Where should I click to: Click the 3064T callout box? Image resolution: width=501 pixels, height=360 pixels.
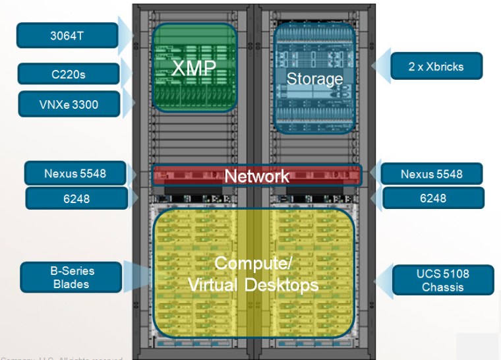click(67, 35)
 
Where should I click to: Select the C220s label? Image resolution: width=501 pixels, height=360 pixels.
click(68, 74)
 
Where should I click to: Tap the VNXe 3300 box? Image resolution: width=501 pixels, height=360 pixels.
click(69, 104)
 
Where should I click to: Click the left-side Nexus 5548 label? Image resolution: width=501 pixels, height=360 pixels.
click(74, 174)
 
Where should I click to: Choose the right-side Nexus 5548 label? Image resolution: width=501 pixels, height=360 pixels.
click(432, 174)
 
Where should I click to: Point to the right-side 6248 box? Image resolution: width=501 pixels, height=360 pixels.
click(432, 198)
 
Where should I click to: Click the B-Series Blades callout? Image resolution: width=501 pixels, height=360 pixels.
click(71, 277)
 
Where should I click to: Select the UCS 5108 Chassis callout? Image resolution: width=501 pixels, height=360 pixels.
click(443, 280)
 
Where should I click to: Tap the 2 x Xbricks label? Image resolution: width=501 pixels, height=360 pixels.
click(436, 66)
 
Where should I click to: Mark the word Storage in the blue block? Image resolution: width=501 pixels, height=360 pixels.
click(314, 79)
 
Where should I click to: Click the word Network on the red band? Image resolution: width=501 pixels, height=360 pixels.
click(256, 176)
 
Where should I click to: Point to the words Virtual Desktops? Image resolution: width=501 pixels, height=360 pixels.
click(253, 285)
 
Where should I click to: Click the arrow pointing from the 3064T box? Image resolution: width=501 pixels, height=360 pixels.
click(126, 35)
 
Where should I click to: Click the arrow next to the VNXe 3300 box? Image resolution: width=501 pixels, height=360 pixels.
click(128, 104)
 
